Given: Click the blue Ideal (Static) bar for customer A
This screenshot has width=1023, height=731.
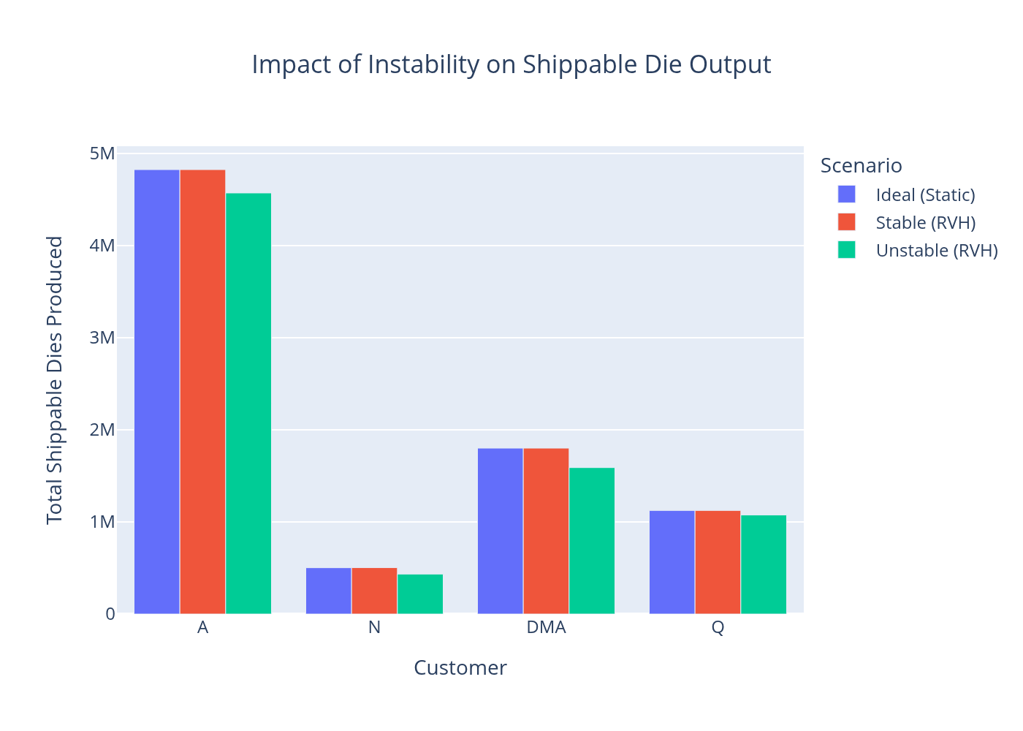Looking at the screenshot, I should click(x=156, y=392).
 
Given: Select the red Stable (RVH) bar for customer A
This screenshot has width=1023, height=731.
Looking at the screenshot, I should click(x=202, y=392).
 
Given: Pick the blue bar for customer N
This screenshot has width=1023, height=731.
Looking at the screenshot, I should click(x=328, y=591).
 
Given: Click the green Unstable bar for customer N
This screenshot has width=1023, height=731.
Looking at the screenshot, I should click(x=420, y=594).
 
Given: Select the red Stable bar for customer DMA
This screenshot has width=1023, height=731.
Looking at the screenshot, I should click(x=546, y=531).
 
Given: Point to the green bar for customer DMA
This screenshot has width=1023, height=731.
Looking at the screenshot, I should click(x=592, y=541).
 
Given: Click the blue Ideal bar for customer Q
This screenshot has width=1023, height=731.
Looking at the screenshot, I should click(x=672, y=562).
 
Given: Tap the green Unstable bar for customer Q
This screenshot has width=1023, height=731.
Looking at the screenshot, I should click(x=764, y=564).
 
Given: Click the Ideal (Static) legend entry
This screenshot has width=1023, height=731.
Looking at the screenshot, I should click(x=925, y=195).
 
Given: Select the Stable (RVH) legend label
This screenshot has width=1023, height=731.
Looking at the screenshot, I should click(x=925, y=223).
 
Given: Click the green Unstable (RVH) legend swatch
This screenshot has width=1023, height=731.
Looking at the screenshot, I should click(x=846, y=250).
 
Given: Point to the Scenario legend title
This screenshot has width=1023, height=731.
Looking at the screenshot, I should click(x=861, y=166).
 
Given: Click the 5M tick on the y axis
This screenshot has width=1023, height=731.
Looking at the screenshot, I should click(x=102, y=154).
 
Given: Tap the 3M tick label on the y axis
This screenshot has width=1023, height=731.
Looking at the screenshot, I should click(x=102, y=338).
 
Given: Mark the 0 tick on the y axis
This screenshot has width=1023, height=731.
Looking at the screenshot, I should click(x=110, y=614).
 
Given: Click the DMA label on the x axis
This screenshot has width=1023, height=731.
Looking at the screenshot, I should click(x=546, y=628).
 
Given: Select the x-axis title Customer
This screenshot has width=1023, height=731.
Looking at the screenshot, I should click(x=460, y=668).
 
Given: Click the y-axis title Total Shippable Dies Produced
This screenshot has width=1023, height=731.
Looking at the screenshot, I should click(x=55, y=380).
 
